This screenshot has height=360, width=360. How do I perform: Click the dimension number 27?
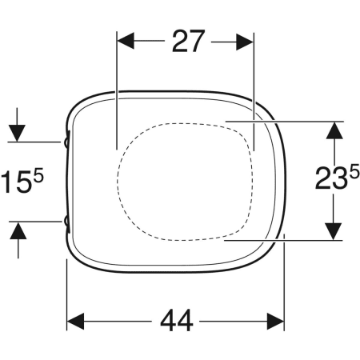click(x=189, y=41)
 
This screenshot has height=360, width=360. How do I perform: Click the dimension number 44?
click(x=177, y=320)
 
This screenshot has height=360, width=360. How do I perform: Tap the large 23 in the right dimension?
click(x=332, y=178)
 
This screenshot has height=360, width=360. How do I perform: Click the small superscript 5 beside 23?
click(x=354, y=171)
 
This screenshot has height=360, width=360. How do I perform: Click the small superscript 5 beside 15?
click(x=38, y=176)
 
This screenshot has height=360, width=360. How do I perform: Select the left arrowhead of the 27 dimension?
click(x=126, y=42)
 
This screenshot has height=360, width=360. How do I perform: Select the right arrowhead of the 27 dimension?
click(x=245, y=42)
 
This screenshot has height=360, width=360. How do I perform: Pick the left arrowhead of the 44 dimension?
click(x=75, y=322)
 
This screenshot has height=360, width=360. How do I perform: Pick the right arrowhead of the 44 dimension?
click(x=275, y=322)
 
